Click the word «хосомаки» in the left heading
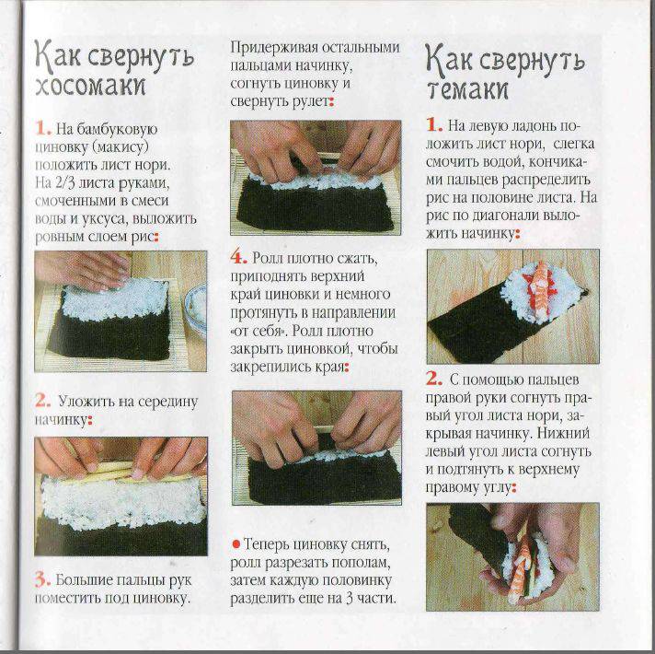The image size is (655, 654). click(x=90, y=87)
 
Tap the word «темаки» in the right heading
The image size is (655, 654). click(x=468, y=89)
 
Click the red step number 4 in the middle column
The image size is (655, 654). click(x=238, y=258)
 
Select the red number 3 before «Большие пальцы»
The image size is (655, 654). click(x=42, y=580)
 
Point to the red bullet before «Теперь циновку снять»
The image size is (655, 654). click(x=236, y=544)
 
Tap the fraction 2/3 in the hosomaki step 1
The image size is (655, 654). click(x=63, y=183)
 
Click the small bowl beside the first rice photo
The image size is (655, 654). click(x=197, y=309)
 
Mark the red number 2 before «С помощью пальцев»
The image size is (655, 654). click(x=434, y=380)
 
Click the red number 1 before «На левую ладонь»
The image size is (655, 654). click(x=434, y=125)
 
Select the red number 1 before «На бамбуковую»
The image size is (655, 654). click(x=43, y=129)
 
